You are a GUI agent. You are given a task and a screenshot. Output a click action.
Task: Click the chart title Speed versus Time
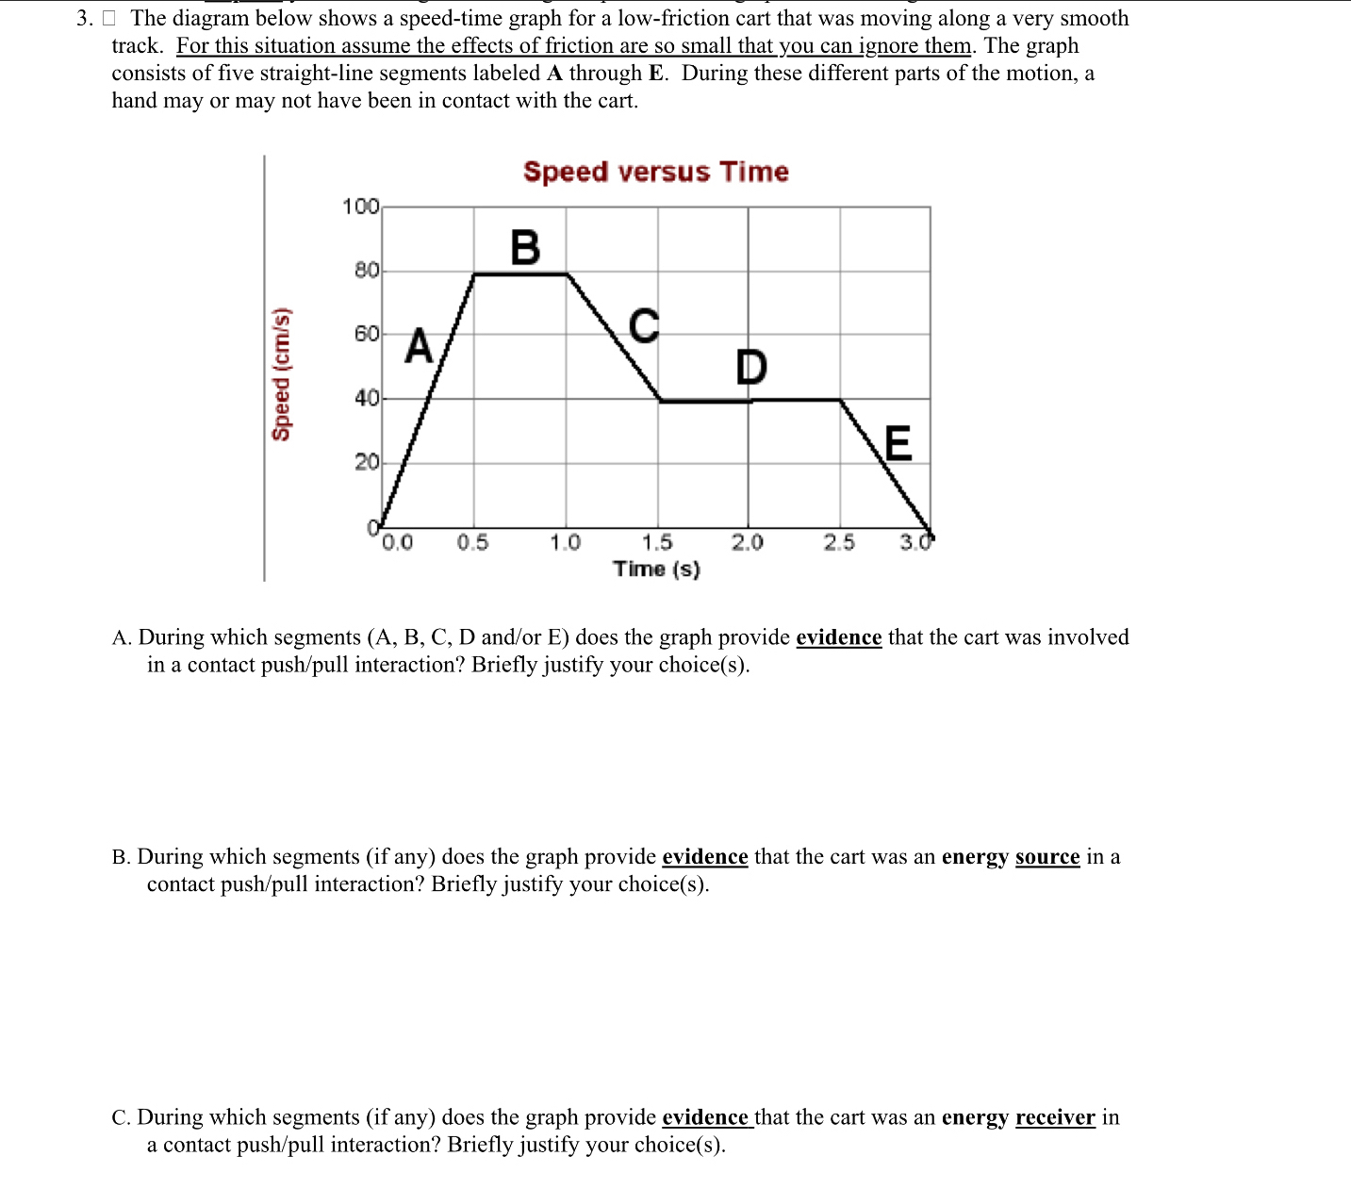click(655, 172)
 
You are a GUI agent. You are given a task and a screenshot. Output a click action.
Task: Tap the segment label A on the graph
click(419, 346)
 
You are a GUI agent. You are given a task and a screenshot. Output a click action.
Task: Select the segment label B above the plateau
click(525, 248)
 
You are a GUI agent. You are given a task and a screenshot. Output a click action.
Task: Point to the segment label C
click(643, 326)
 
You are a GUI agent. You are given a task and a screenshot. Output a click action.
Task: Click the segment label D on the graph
click(751, 367)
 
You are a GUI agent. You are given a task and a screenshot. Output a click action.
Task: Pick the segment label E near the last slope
click(898, 443)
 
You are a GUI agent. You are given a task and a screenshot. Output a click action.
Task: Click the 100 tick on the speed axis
click(360, 206)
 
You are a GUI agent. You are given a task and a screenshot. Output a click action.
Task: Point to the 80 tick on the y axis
click(366, 271)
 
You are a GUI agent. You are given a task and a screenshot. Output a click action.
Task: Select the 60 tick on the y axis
click(366, 334)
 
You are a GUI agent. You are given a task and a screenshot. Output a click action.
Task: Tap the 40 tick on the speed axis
click(366, 398)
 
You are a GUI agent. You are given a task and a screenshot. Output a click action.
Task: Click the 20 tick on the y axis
click(366, 462)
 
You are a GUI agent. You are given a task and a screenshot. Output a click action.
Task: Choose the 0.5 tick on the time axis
click(473, 542)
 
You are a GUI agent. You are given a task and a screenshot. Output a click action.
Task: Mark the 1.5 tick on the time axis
click(657, 542)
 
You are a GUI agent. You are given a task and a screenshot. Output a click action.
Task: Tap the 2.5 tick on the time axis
click(839, 542)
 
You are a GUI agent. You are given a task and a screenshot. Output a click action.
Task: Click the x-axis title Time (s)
click(656, 569)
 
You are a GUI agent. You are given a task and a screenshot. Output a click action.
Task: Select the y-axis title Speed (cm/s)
click(281, 373)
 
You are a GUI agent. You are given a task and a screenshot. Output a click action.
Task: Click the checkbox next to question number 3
click(108, 18)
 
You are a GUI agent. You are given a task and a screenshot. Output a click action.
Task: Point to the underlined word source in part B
click(1047, 856)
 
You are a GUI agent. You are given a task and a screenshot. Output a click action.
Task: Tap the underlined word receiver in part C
click(1055, 1117)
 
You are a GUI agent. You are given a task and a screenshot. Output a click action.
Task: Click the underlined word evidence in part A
click(839, 637)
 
